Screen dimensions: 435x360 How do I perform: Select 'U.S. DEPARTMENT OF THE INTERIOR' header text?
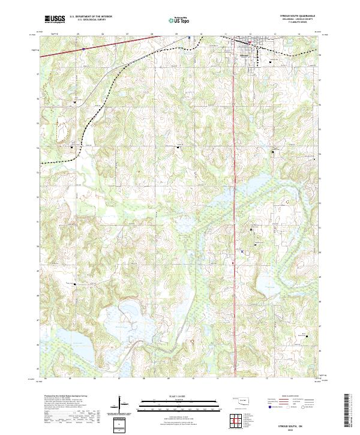click(91, 17)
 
